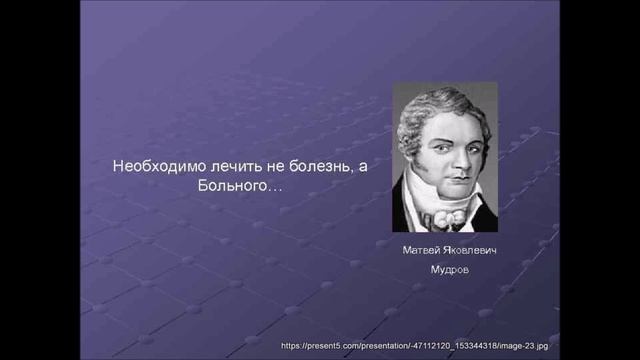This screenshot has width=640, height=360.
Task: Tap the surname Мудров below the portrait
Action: (447, 270)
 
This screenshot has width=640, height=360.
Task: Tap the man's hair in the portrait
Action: (440, 106)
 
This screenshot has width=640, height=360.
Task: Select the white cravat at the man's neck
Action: (446, 210)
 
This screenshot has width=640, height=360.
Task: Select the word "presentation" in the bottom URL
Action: (372, 346)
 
